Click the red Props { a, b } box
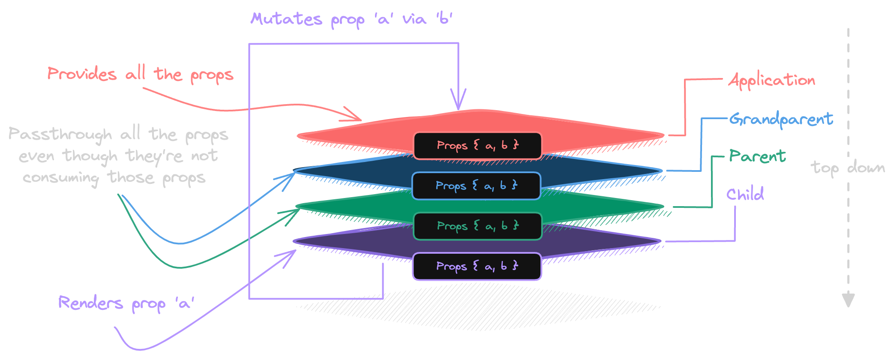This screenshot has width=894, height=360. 477,146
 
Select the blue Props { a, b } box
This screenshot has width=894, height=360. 476,186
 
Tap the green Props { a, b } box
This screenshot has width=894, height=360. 477,226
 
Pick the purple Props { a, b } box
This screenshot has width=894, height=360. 477,267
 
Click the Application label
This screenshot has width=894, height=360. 771,81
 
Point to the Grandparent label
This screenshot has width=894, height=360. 781,119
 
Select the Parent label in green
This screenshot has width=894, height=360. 757,156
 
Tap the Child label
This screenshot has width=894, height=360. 745,195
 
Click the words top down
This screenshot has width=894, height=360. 847,168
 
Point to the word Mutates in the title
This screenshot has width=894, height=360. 286,19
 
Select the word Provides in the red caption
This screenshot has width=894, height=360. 82,74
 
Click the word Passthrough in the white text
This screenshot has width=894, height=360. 60,135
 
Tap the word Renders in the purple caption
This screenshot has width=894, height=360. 90,303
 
